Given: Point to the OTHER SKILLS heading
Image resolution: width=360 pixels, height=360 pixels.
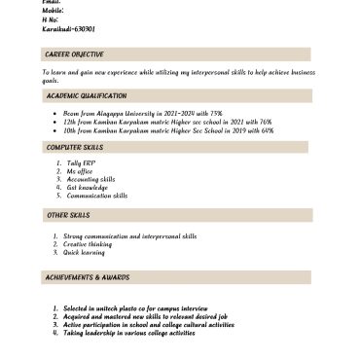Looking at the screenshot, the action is [66, 214].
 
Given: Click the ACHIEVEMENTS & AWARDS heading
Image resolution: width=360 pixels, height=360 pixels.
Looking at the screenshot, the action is [86, 277].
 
